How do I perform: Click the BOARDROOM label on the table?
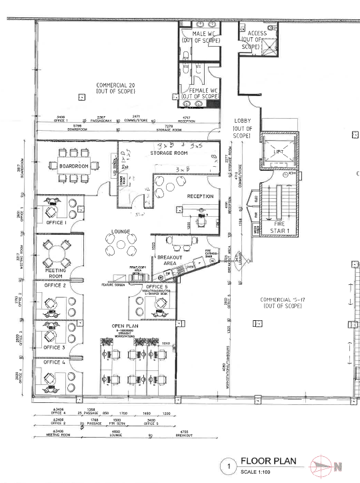click(x=74, y=165)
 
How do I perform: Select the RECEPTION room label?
click(x=200, y=196)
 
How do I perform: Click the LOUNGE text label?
click(x=121, y=231)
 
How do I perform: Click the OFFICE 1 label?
click(x=56, y=222)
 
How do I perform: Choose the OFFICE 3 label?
click(x=54, y=348)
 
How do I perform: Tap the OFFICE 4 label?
click(x=54, y=362)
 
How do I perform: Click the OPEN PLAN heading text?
click(x=125, y=325)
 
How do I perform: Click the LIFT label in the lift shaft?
click(x=279, y=153)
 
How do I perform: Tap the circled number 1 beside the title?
click(x=228, y=466)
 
